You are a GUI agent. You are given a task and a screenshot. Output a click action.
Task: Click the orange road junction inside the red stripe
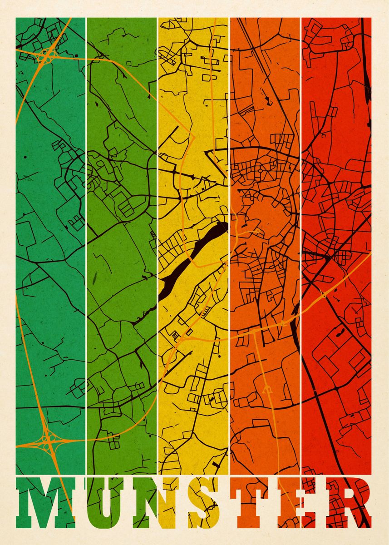tap(323, 296)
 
